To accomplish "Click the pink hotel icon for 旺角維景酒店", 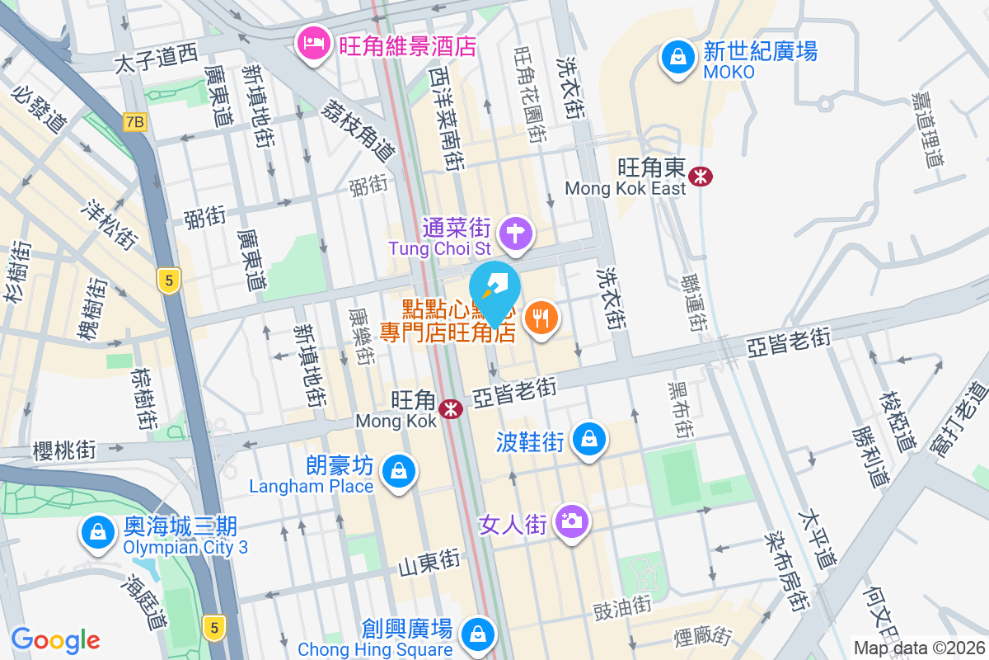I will pyautogui.click(x=313, y=42).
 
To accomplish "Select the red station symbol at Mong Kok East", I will pyautogui.click(x=701, y=176).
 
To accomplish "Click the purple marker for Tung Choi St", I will pyautogui.click(x=516, y=233).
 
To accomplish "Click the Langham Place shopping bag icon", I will pyautogui.click(x=399, y=472).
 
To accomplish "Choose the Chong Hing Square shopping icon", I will pyautogui.click(x=477, y=634).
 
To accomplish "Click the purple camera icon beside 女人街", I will pyautogui.click(x=570, y=521).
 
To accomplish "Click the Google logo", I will pyautogui.click(x=56, y=640).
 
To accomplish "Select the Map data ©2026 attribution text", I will pyautogui.click(x=918, y=648).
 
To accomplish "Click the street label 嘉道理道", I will pyautogui.click(x=926, y=128).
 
